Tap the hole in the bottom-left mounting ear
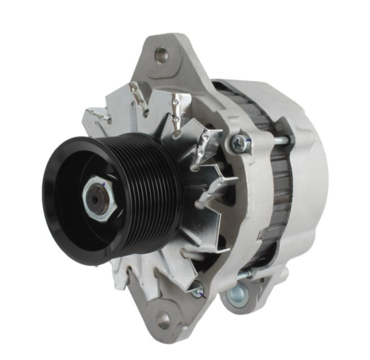pyautogui.click(x=163, y=319)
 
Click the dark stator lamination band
pyautogui.click(x=281, y=185)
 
